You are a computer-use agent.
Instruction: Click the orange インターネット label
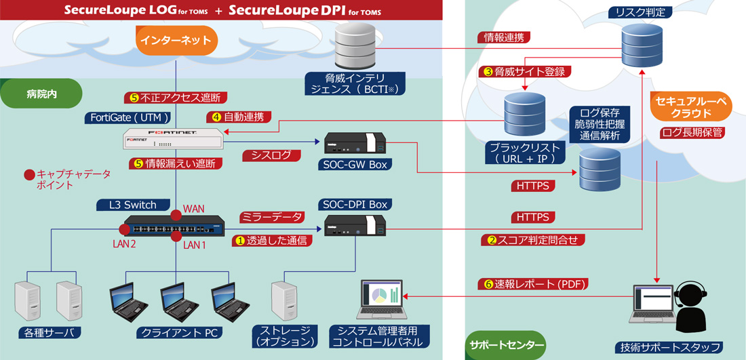(x=176, y=41)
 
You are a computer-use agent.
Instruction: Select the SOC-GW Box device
(x=355, y=144)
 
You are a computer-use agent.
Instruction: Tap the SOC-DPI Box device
(x=355, y=226)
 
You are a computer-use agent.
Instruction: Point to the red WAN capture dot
(x=176, y=215)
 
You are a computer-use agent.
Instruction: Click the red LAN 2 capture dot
(x=125, y=228)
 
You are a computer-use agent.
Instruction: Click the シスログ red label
(x=271, y=156)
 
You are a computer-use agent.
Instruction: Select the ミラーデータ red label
(x=271, y=216)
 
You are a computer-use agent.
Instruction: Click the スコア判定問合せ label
(x=534, y=239)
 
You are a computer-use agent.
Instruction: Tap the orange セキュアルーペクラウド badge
(x=690, y=107)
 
